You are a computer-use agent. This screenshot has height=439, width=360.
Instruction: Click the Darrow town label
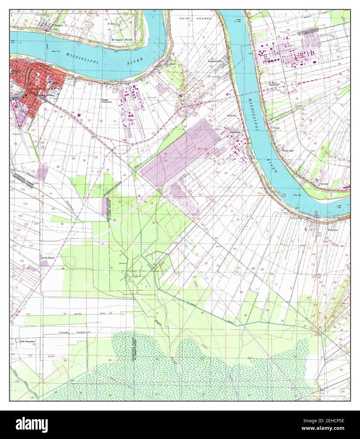(59, 25)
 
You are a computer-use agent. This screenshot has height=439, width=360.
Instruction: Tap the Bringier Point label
(120, 40)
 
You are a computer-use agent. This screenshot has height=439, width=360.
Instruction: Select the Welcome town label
(333, 230)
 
